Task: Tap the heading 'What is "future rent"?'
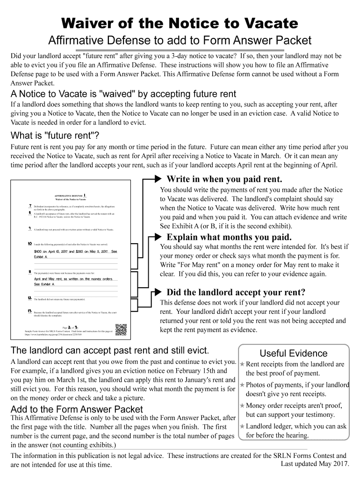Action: tap(55, 136)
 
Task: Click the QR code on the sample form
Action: tap(121, 330)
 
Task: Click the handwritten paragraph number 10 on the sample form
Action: tap(30, 244)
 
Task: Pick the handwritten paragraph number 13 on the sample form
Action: tap(30, 311)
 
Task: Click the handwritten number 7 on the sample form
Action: tap(30, 206)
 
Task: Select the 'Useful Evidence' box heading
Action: tap(294, 353)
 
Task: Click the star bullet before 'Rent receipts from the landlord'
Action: tap(242, 364)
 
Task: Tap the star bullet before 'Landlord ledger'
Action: tap(242, 426)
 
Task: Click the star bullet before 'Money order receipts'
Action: tap(242, 406)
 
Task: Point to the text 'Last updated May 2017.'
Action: tap(315, 464)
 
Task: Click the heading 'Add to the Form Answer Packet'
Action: tap(77, 409)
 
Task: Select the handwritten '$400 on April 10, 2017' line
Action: tap(75, 252)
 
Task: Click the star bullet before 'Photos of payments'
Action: tap(242, 385)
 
